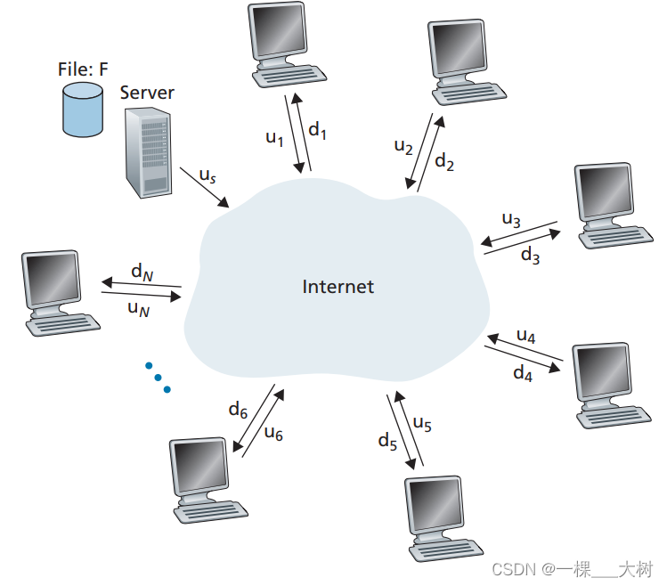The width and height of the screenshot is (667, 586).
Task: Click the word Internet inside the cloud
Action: tap(338, 287)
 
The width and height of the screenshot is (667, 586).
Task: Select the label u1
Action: tap(275, 138)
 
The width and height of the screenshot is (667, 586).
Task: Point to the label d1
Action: tap(318, 130)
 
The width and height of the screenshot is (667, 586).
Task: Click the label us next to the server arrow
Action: tap(207, 176)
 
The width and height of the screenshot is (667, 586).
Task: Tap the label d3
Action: tap(530, 256)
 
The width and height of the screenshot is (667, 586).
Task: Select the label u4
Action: tap(526, 337)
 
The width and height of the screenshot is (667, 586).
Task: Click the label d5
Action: tap(386, 440)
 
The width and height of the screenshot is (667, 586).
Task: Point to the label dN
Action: tap(142, 270)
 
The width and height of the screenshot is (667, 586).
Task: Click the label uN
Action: tap(139, 308)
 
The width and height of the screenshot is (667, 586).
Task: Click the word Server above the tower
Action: tap(147, 93)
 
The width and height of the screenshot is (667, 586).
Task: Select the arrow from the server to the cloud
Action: tap(204, 188)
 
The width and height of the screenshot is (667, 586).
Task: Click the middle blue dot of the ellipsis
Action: tap(158, 378)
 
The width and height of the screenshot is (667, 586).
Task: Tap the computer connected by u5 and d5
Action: tap(438, 516)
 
